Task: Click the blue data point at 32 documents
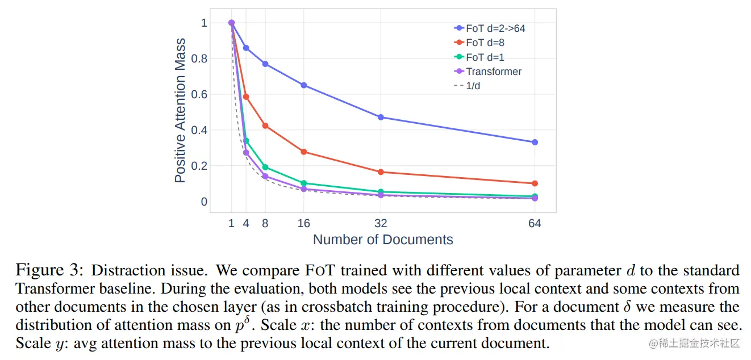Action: [381, 118]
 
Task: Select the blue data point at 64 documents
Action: [535, 142]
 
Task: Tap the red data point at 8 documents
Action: [265, 125]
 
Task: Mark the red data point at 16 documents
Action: [304, 152]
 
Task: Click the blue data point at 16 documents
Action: [304, 85]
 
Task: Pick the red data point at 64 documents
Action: [535, 183]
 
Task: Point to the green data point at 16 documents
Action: [304, 183]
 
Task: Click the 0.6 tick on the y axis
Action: [199, 94]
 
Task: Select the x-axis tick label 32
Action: [381, 223]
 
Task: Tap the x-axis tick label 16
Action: [304, 223]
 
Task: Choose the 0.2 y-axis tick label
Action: [199, 166]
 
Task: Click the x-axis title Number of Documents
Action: [383, 240]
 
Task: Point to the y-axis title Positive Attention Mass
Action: [180, 110]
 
